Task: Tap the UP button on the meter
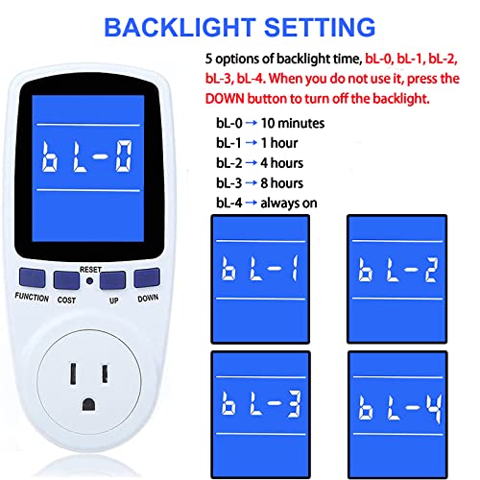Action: point(113,280)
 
